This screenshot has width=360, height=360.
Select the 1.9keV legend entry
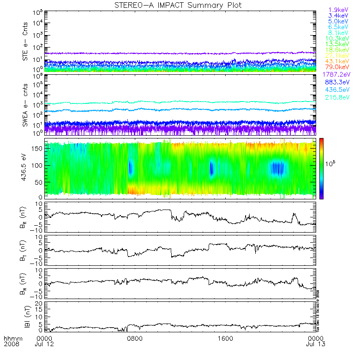(x=338, y=9)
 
